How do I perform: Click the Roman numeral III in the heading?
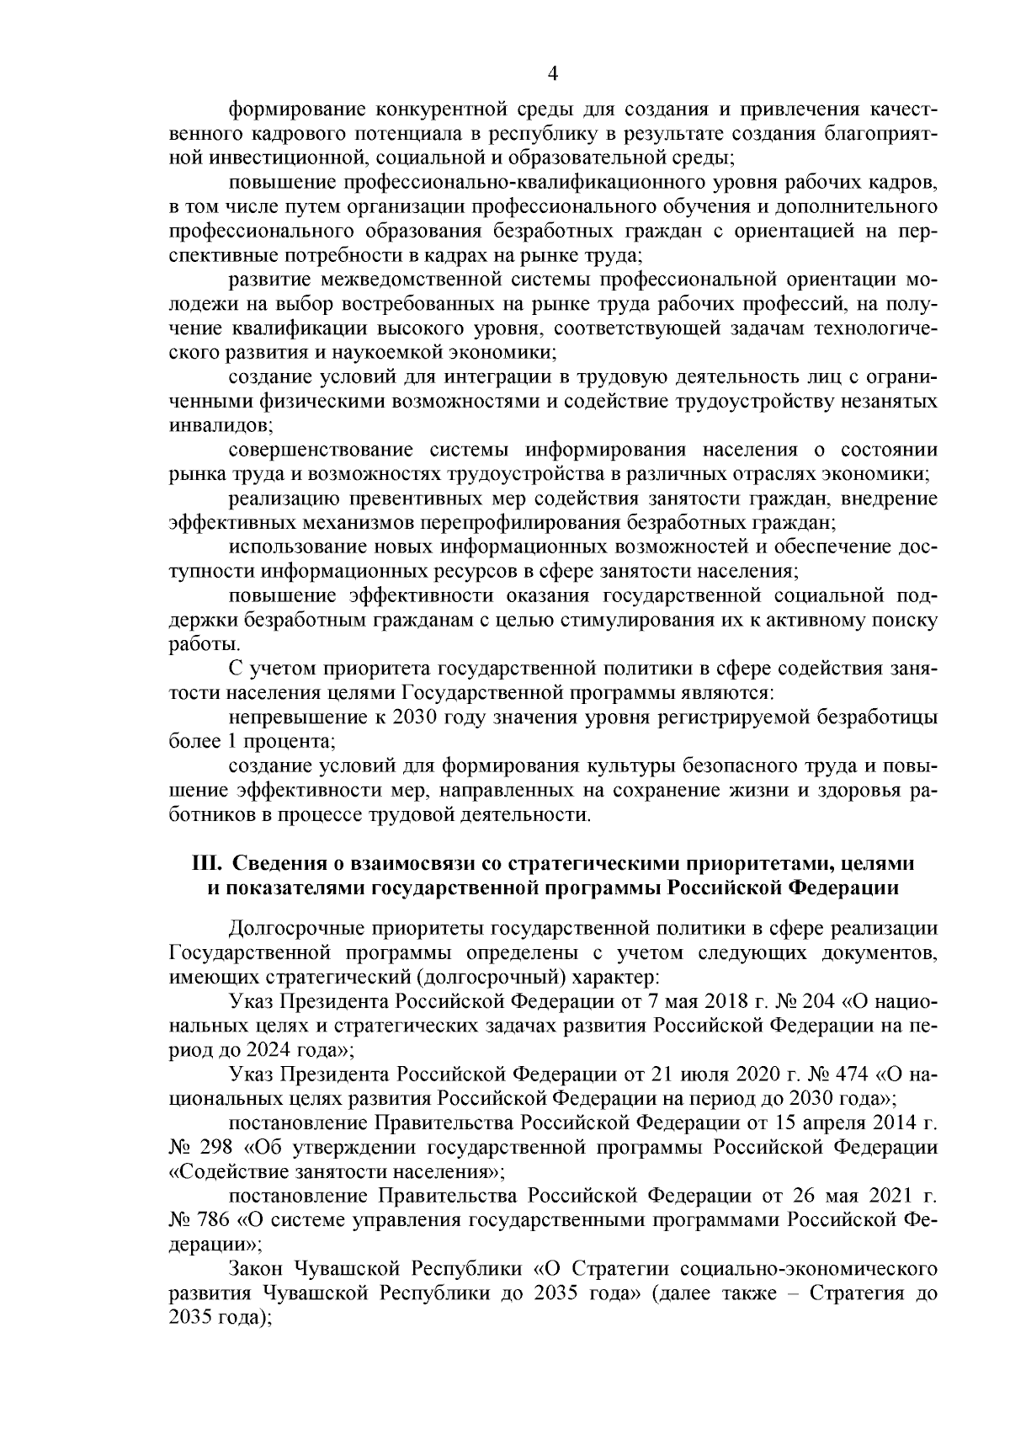[x=207, y=863]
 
